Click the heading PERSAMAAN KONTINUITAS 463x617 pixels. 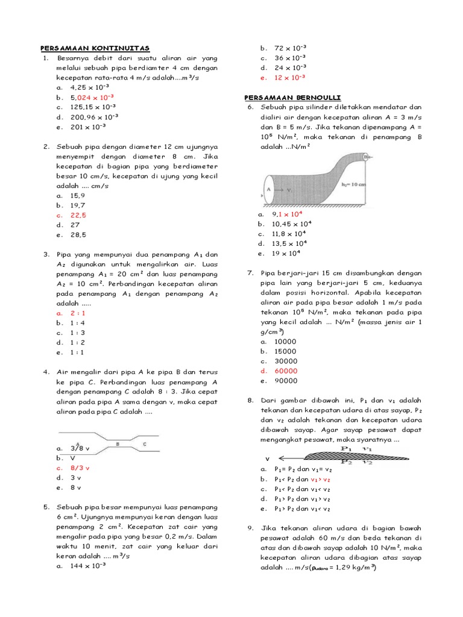pyautogui.click(x=95, y=48)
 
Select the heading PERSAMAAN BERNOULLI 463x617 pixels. pyautogui.click(x=284, y=97)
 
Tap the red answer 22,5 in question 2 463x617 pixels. pyautogui.click(x=78, y=215)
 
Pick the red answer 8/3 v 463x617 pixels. pyautogui.click(x=80, y=468)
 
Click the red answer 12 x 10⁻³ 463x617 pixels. pyautogui.click(x=290, y=78)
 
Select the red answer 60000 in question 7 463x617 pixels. pyautogui.click(x=286, y=371)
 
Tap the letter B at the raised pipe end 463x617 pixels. pyautogui.click(x=366, y=157)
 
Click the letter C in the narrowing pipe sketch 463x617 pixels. pyautogui.click(x=144, y=443)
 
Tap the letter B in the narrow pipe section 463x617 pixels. pyautogui.click(x=118, y=443)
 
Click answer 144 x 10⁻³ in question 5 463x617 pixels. pyautogui.click(x=88, y=566)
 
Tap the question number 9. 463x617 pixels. pyautogui.click(x=250, y=528)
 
